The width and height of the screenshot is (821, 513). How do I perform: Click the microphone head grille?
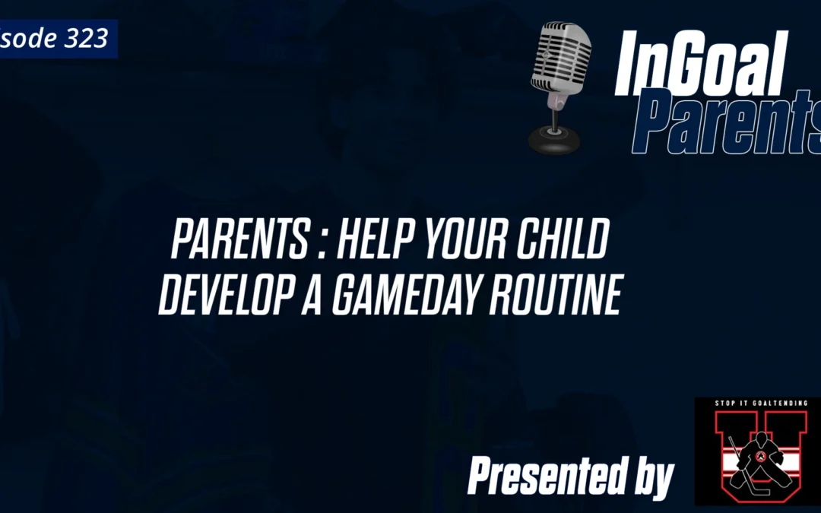pos(561,57)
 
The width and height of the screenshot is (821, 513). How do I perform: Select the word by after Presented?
pos(652,479)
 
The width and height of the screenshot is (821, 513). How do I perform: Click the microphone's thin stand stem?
pos(555,114)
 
